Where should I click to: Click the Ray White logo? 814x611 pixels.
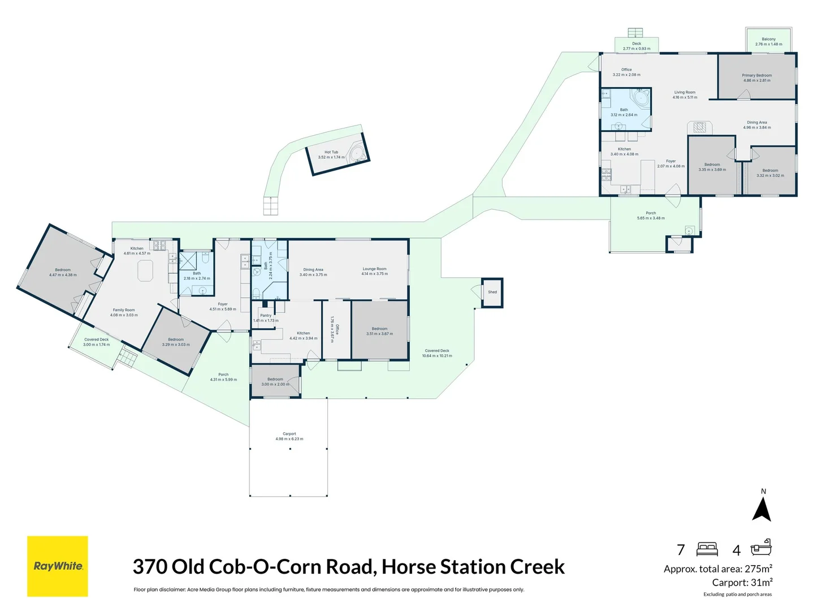58,566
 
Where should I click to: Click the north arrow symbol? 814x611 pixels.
762,507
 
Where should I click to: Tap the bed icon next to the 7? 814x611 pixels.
707,549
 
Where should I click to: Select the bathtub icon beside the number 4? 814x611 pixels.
761,548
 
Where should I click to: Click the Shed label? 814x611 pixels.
492,292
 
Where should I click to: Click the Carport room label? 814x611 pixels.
289,434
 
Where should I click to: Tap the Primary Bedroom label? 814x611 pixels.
757,75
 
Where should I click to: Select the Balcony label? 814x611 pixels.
769,40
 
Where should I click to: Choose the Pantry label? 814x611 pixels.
266,316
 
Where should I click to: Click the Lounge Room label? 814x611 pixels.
375,269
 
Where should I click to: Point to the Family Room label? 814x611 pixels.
124,310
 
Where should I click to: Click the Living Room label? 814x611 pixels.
685,92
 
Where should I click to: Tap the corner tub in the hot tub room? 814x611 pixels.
357,154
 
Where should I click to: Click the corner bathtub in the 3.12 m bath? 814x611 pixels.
641,98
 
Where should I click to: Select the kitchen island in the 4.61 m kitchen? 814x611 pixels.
145,270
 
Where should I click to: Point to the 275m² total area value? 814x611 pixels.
758,569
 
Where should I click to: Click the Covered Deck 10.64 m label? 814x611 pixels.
437,351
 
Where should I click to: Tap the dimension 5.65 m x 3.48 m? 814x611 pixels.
651,218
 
